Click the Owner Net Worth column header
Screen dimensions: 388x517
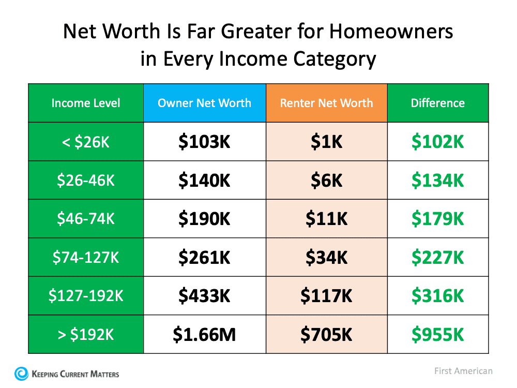(204, 103)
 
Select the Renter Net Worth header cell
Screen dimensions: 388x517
(326, 103)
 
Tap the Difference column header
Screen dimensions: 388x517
(437, 103)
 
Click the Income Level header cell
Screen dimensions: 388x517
(86, 103)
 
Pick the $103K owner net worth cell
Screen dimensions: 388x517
(204, 142)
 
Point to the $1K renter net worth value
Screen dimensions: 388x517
(326, 142)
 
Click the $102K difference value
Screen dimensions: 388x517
(437, 142)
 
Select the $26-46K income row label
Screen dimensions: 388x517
(86, 181)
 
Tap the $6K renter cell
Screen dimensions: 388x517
(326, 181)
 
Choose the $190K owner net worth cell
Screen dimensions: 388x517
(204, 219)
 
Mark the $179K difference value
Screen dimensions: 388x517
(437, 219)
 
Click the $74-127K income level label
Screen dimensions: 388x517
(86, 257)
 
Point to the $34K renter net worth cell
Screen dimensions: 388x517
(326, 257)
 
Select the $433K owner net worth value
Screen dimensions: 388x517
(204, 296)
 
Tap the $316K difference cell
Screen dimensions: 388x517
(437, 296)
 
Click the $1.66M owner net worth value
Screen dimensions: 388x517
(204, 335)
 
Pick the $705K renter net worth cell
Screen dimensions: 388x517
(326, 335)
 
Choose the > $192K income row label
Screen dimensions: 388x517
(86, 335)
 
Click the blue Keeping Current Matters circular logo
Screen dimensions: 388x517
(22, 374)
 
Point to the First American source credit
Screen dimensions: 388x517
(463, 371)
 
